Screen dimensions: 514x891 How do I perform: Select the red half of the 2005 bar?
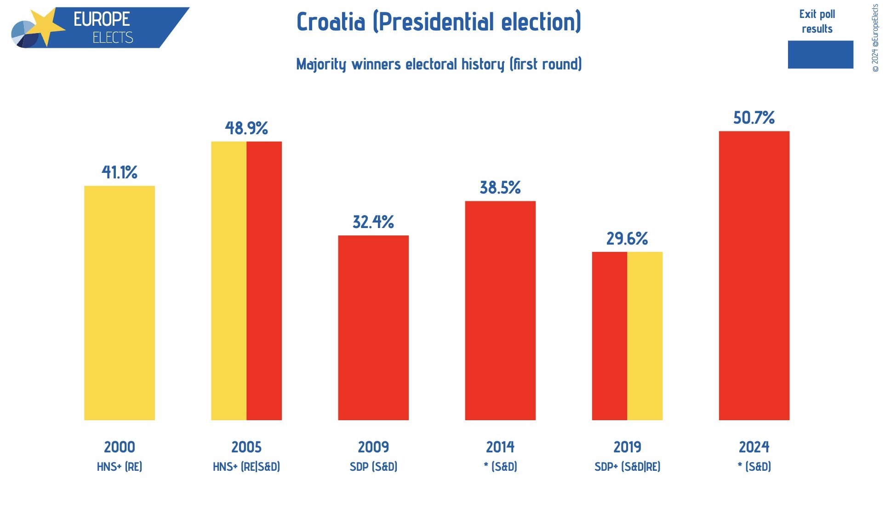(264, 280)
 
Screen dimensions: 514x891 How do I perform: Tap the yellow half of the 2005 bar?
(229, 280)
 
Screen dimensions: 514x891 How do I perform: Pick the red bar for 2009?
(373, 327)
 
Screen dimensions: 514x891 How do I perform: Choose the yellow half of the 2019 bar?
(645, 336)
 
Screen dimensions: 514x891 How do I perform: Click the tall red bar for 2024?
(754, 275)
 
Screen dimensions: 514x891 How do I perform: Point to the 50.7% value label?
(754, 118)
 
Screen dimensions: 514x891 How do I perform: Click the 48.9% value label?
(246, 128)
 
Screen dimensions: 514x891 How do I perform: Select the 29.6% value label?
(627, 239)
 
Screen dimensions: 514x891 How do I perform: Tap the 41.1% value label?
(120, 172)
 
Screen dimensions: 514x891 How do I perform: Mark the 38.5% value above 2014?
(500, 188)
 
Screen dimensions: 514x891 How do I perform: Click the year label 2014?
(500, 447)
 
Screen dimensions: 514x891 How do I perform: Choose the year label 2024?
(754, 447)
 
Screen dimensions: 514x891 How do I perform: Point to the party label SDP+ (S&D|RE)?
(627, 467)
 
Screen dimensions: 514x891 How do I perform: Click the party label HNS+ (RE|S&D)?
(246, 467)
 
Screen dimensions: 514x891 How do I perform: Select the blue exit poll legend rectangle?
(820, 55)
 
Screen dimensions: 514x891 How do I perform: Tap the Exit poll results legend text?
(817, 21)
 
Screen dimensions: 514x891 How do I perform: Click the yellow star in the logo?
(46, 25)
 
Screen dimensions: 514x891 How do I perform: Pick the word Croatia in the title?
(331, 22)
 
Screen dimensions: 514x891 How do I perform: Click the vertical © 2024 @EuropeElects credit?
(875, 38)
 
